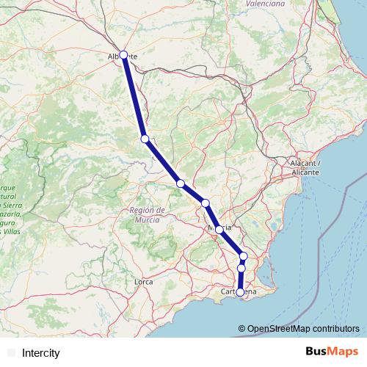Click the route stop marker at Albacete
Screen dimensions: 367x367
coord(124,54)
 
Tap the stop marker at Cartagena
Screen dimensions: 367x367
coord(240,292)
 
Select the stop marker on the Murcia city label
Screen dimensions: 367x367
coord(219,229)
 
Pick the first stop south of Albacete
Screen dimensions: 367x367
coord(145,139)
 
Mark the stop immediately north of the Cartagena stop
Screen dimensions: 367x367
coord(241,269)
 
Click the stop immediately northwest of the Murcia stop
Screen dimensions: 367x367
coord(206,203)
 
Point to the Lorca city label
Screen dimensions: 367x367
coord(144,281)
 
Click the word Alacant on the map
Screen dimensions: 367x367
coord(304,162)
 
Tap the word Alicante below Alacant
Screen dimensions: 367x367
coord(305,171)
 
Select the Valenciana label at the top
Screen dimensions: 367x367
coord(265,4)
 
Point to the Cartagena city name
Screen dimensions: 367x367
coord(239,293)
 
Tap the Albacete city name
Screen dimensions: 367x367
coord(123,56)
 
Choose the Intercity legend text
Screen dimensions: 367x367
coord(41,353)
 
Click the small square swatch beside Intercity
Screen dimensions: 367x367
coord(10,353)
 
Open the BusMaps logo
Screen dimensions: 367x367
coord(332,352)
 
